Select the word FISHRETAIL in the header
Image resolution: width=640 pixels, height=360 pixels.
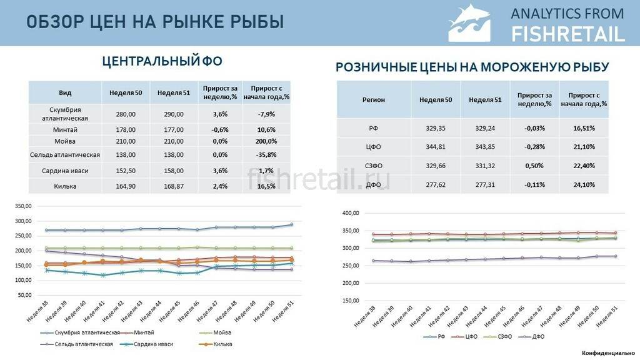click(x=568, y=33)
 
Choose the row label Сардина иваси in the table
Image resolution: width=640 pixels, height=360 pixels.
click(x=65, y=170)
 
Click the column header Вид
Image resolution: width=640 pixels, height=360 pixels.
click(x=65, y=93)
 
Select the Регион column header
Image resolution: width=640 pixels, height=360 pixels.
click(x=374, y=99)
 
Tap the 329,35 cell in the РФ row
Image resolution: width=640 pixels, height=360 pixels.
click(x=435, y=127)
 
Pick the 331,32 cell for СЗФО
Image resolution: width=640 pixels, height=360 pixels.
click(x=485, y=166)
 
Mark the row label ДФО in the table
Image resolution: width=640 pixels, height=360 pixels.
click(x=374, y=185)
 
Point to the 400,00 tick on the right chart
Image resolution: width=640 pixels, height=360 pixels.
click(x=351, y=213)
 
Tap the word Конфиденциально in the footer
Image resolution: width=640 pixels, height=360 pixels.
click(x=607, y=354)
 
